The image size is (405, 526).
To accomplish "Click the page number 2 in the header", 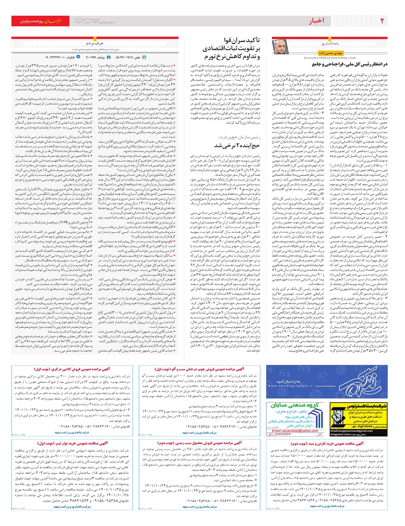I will [x=382, y=21].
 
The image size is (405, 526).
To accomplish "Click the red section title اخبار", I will [x=316, y=21].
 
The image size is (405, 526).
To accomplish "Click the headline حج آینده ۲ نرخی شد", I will [x=237, y=145].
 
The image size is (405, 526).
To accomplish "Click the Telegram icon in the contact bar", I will [x=78, y=57].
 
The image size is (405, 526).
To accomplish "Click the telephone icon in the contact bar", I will [x=144, y=57].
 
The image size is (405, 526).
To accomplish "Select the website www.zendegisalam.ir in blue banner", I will [x=290, y=386].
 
